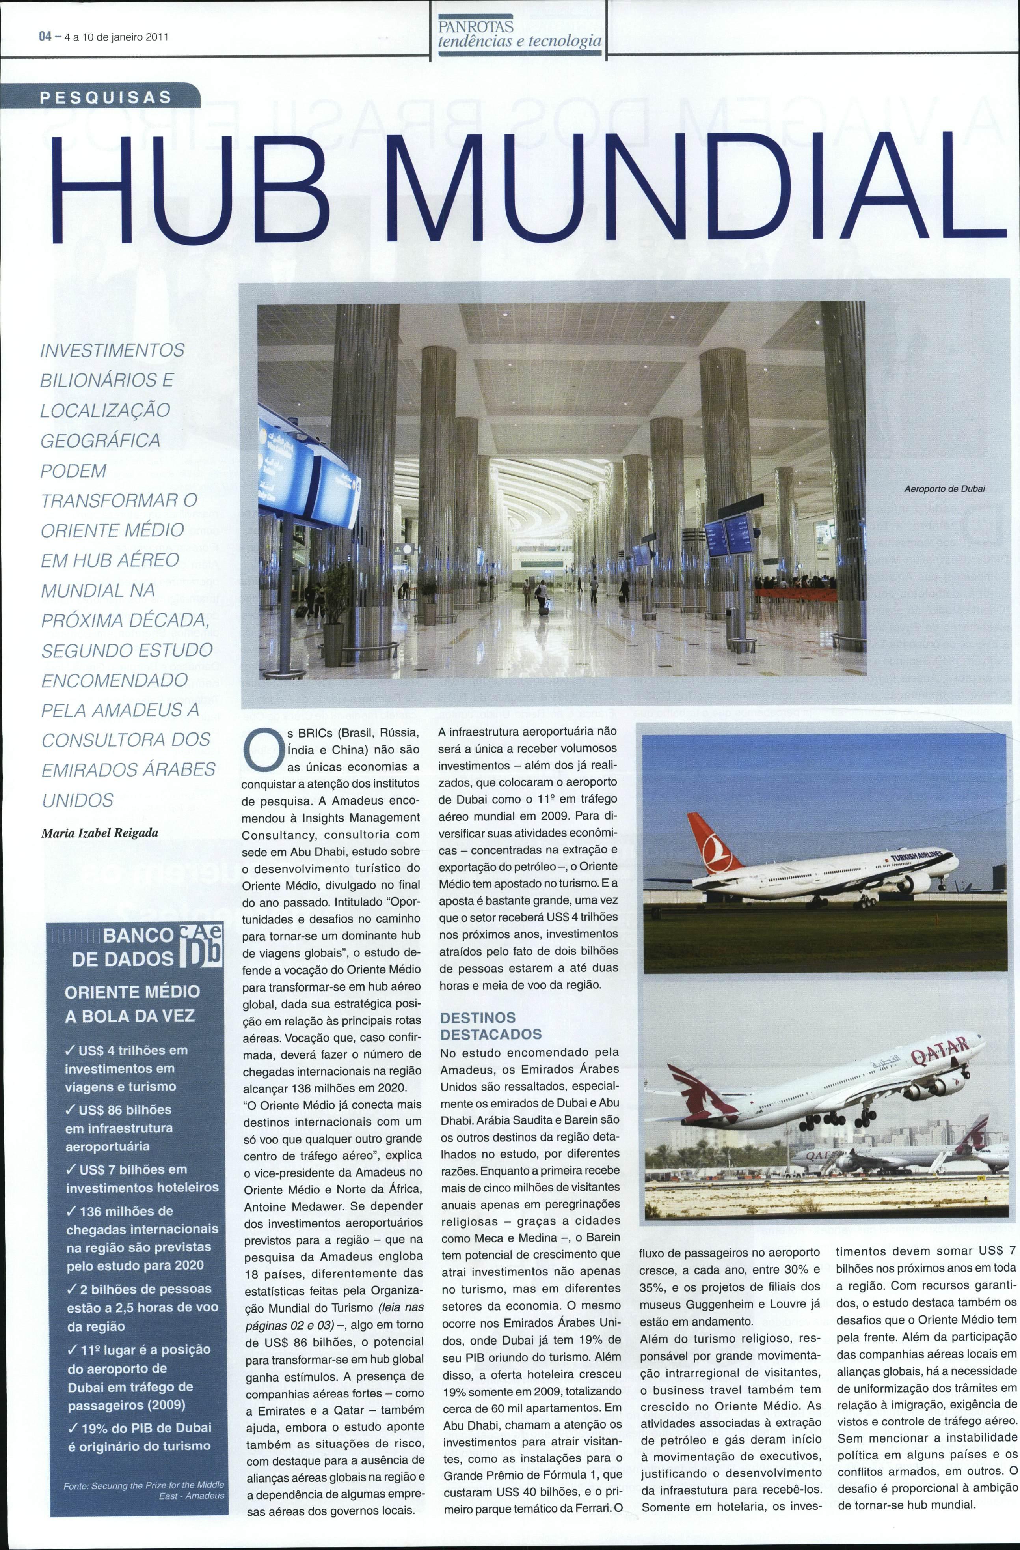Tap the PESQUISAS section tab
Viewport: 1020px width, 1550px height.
106,98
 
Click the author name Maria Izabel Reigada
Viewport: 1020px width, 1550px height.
100,832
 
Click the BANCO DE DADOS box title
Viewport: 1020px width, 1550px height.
130,948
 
